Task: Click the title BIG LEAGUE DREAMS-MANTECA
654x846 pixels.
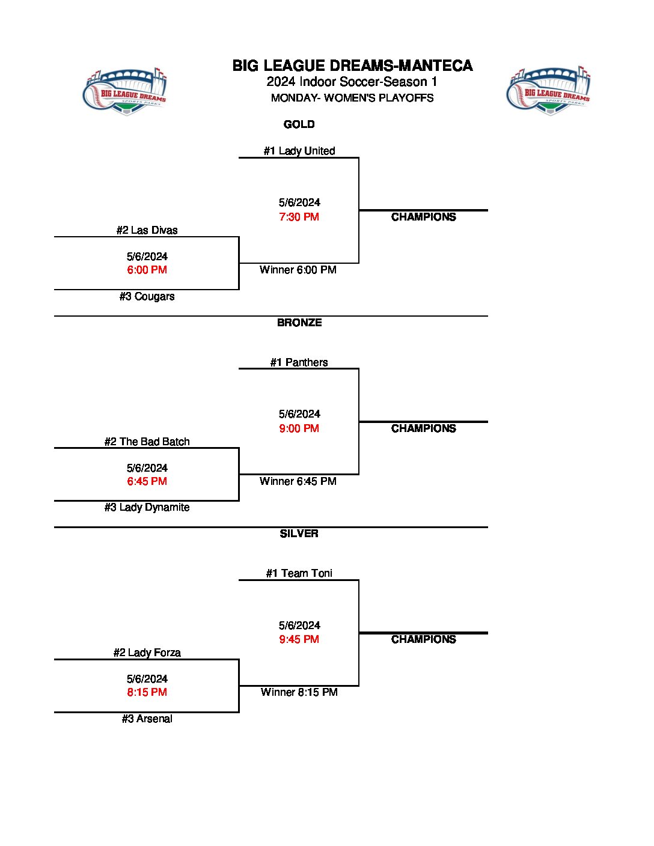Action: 352,65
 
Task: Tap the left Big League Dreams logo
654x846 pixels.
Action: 124,91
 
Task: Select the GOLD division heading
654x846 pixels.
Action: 299,124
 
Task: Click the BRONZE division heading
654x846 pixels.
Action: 299,323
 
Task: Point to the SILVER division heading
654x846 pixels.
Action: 299,534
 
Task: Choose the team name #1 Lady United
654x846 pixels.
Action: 299,151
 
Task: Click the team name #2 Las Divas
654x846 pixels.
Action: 147,230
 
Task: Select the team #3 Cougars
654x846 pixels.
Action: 147,296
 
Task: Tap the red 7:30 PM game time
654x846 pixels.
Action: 299,217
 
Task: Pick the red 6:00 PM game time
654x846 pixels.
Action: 147,270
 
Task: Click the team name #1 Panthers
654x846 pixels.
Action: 299,362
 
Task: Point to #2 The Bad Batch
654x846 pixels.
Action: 147,442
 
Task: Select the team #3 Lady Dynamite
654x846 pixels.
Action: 147,507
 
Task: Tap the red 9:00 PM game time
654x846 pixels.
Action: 299,428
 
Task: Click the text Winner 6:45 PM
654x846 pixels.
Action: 298,481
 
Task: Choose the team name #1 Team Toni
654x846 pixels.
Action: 299,573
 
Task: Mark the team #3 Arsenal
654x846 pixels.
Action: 147,719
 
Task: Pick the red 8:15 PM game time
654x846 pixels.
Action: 147,692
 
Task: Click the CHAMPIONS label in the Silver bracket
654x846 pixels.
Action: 423,639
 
